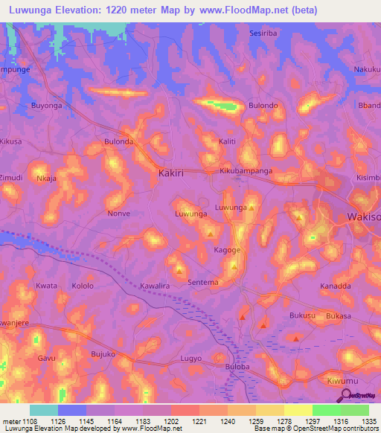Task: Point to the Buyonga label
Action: [46, 106]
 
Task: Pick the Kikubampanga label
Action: [246, 171]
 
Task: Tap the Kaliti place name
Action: [227, 141]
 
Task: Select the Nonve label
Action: [119, 214]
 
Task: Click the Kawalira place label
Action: [156, 286]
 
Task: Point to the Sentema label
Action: [203, 283]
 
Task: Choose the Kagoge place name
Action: [228, 251]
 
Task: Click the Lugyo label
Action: [191, 359]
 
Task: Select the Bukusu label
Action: [282, 316]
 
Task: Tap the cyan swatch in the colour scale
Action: [44, 410]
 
